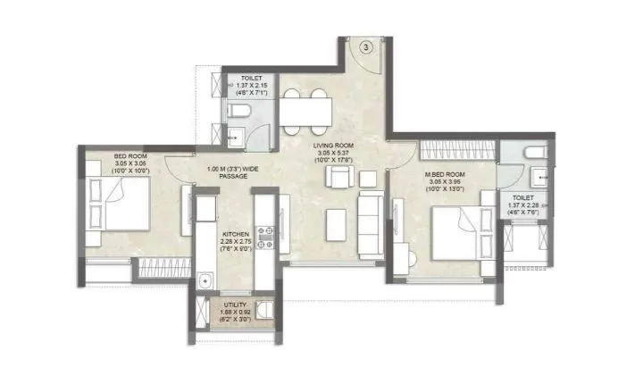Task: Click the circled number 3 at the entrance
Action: [367, 46]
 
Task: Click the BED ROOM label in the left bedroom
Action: [129, 157]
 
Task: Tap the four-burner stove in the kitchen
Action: [265, 237]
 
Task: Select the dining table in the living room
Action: [307, 110]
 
